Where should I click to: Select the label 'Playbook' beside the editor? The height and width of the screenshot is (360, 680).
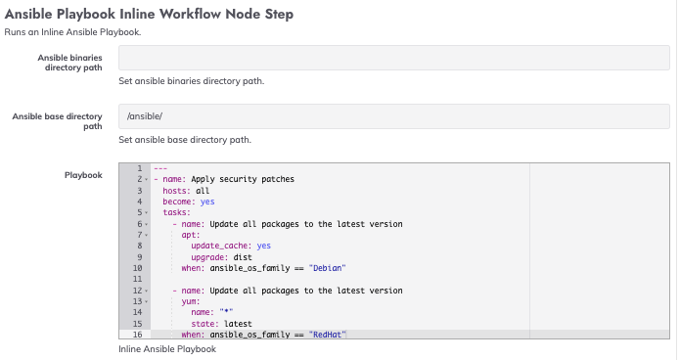pyautogui.click(x=83, y=175)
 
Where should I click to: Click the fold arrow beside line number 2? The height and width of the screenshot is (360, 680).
pyautogui.click(x=146, y=180)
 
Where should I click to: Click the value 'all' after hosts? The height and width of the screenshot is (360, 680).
pyautogui.click(x=203, y=191)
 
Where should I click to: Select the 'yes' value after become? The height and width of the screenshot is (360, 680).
pyautogui.click(x=207, y=202)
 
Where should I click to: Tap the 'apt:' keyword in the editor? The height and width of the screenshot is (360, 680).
pyautogui.click(x=191, y=235)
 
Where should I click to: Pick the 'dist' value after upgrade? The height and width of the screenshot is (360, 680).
pyautogui.click(x=241, y=256)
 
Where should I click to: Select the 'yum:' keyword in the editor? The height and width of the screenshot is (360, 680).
pyautogui.click(x=191, y=301)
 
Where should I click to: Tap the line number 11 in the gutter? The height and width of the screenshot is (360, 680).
pyautogui.click(x=138, y=279)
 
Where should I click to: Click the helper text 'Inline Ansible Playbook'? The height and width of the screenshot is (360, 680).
pyautogui.click(x=166, y=348)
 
